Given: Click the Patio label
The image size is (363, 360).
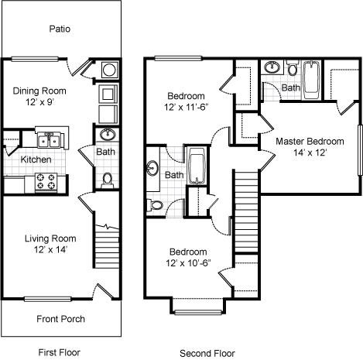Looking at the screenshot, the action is click(60, 29).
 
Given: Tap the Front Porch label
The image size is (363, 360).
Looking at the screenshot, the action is click(60, 319).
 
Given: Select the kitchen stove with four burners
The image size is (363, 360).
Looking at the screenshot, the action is click(46, 182).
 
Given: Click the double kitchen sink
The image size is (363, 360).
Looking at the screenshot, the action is click(49, 140).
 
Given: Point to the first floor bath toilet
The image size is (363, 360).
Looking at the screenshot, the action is click(107, 180).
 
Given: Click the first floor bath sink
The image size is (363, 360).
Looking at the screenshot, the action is click(108, 135).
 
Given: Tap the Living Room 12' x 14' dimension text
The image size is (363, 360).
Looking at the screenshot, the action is click(50, 250).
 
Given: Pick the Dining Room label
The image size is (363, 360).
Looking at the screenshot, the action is click(39, 91).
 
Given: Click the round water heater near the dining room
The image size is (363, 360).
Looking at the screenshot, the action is click(109, 70).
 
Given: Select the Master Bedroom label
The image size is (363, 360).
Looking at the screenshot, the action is click(310, 142).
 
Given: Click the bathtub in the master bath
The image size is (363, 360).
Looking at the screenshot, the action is click(311, 80).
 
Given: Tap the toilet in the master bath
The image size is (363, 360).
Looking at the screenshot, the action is click(293, 67).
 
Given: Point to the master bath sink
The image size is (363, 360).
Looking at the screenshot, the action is click(272, 67).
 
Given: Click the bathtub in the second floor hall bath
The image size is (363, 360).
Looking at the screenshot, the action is click(197, 166).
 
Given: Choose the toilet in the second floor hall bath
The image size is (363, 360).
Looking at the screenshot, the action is click(156, 205).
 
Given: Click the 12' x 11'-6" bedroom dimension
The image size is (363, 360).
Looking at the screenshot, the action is click(186, 107).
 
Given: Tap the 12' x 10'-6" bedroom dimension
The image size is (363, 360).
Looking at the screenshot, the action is click(188, 263).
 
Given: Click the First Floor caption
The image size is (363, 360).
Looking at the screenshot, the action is click(59, 352).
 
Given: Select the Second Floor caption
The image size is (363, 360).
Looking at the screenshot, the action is click(207, 353).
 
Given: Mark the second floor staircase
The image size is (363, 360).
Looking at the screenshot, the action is click(246, 211).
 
